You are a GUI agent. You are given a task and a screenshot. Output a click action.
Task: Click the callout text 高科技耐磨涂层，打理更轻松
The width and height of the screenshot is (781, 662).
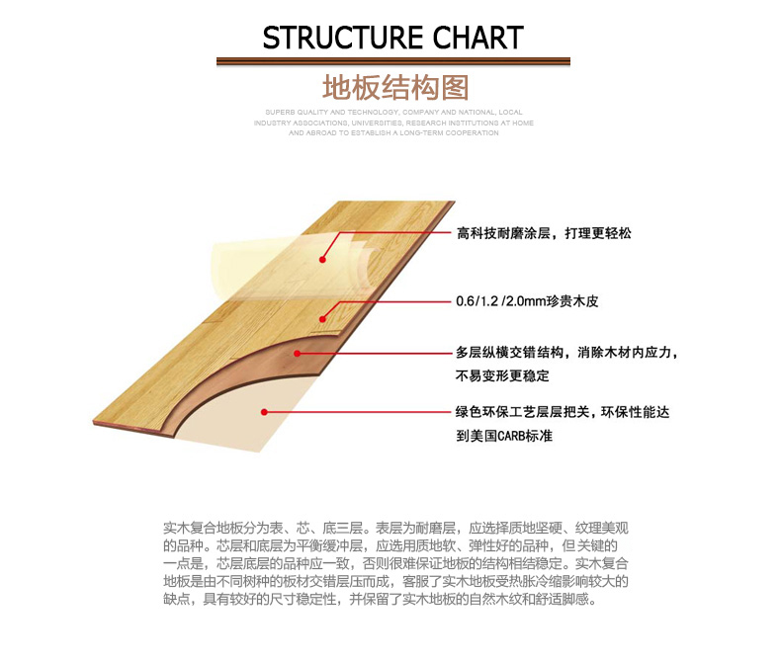click(x=543, y=234)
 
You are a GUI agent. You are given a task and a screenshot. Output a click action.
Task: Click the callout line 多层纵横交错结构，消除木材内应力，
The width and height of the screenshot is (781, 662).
click(x=567, y=353)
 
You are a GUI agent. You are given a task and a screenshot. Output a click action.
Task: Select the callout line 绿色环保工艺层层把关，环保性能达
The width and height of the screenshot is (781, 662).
click(x=567, y=412)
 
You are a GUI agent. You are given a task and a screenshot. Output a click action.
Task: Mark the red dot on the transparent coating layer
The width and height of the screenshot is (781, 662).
click(x=322, y=260)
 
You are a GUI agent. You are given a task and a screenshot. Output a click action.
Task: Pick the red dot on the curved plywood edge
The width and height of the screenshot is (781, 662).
click(x=297, y=353)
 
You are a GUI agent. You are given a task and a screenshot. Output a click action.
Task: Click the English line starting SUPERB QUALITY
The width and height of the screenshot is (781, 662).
click(x=393, y=113)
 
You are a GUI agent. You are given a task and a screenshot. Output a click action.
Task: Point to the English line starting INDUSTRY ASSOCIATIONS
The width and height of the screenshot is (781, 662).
click(x=393, y=123)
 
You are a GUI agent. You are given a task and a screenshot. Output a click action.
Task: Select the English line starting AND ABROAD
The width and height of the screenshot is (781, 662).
click(x=393, y=132)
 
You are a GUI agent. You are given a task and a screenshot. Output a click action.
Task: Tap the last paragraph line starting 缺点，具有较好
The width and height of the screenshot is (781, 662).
click(x=380, y=599)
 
